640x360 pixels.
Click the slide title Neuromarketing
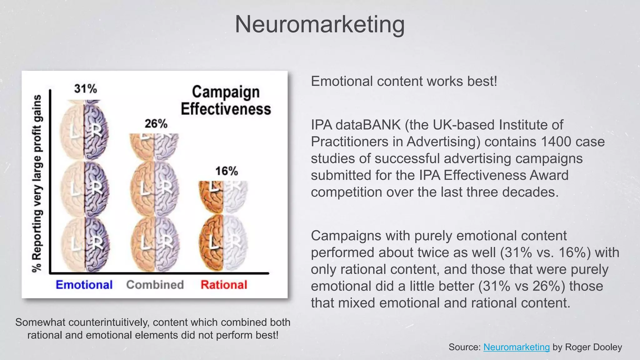(x=320, y=24)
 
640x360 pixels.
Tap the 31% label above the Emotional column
(x=86, y=89)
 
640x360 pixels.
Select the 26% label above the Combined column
(x=156, y=124)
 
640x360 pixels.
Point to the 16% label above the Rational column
(x=226, y=171)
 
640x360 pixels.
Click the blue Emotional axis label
(x=84, y=285)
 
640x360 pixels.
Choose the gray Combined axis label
(x=155, y=285)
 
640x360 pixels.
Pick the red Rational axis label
(x=224, y=285)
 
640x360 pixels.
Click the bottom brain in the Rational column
(x=223, y=242)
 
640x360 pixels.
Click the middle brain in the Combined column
(x=155, y=187)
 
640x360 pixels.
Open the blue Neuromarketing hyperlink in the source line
(x=516, y=347)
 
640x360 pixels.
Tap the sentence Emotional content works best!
(x=404, y=81)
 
